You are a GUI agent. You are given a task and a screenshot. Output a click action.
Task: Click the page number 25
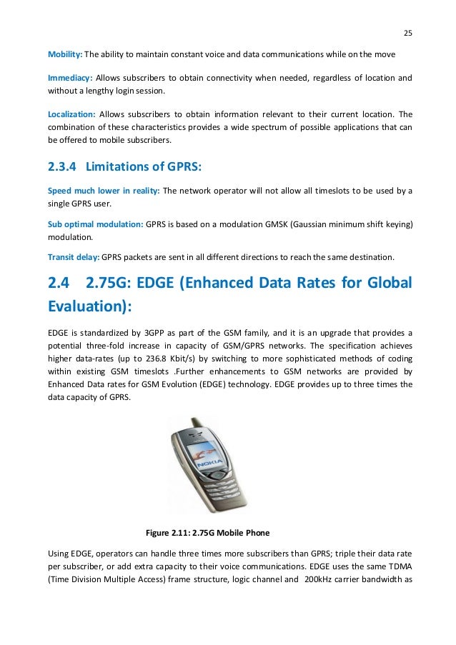click(x=408, y=33)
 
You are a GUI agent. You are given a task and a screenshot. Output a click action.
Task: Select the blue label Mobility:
click(x=65, y=56)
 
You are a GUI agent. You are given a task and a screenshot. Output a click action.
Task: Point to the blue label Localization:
click(x=71, y=114)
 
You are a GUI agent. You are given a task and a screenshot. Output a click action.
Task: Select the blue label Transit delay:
click(x=74, y=257)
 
